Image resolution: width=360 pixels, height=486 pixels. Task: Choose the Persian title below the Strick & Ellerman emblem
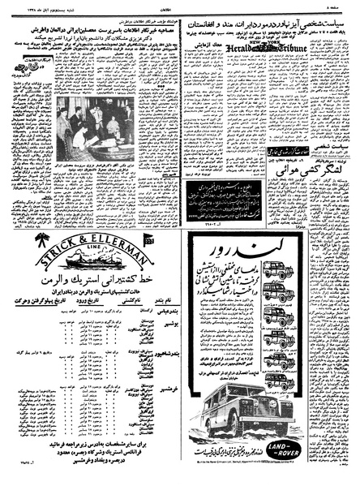89,290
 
